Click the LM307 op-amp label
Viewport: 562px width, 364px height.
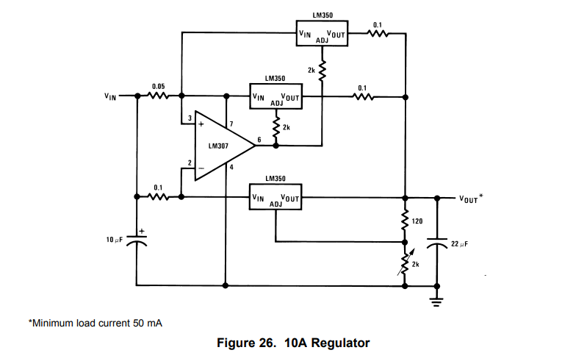[x=218, y=146]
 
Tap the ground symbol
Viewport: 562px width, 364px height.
[x=436, y=301]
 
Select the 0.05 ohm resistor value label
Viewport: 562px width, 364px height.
[x=159, y=87]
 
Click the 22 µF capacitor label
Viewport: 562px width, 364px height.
[x=459, y=244]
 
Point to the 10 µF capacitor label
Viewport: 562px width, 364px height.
[x=115, y=240]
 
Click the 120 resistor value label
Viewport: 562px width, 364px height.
[x=417, y=221]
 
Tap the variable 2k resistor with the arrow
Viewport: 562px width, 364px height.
[x=405, y=263]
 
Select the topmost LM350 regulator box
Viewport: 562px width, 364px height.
[x=322, y=33]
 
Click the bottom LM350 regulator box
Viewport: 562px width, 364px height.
[x=275, y=197]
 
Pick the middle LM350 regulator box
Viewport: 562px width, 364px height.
[x=275, y=96]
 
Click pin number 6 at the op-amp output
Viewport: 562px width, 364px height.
[x=259, y=140]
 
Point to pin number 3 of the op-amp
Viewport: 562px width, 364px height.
[x=190, y=118]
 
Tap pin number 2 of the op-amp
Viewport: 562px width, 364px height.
[x=190, y=163]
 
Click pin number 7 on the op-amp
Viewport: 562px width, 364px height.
[x=231, y=124]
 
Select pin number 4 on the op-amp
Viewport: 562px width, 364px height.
[x=231, y=167]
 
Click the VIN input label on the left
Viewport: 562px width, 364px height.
[x=110, y=96]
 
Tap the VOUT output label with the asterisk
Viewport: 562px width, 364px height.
[x=471, y=199]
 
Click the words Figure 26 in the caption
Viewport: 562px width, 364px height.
[x=247, y=343]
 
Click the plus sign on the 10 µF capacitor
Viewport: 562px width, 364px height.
[x=142, y=232]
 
